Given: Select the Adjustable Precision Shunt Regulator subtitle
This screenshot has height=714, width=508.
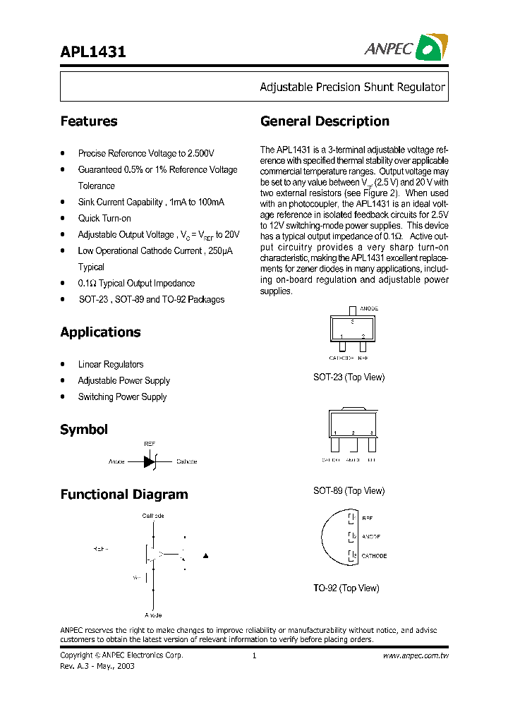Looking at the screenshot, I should click(352, 87).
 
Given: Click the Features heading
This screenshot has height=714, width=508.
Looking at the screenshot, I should click(89, 121).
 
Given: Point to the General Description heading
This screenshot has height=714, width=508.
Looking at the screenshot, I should click(325, 121).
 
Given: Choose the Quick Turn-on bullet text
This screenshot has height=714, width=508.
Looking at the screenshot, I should click(104, 219).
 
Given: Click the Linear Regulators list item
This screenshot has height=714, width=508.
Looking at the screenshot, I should click(111, 365).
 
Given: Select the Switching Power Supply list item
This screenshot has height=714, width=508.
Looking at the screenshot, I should click(122, 397).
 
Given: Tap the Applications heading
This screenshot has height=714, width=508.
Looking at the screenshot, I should click(100, 332).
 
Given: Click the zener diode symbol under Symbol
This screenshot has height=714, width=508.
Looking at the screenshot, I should click(150, 461).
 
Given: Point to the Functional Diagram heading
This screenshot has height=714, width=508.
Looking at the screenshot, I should click(124, 495).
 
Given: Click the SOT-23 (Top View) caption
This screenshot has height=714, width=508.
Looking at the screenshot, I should click(349, 377).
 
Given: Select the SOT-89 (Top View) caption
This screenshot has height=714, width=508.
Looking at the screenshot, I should click(349, 491).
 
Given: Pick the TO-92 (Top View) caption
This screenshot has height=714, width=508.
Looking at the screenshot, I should click(346, 588).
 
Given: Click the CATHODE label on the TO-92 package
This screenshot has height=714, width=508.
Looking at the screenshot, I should click(374, 556).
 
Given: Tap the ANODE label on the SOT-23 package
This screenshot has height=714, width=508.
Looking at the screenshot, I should click(369, 309).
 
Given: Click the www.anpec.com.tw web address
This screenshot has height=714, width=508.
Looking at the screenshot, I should click(416, 655).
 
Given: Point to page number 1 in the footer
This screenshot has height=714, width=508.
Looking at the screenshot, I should click(253, 655).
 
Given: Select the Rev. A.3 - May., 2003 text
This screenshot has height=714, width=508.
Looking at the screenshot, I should click(97, 666).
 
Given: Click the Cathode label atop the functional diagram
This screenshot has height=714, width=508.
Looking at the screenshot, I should click(153, 516).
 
